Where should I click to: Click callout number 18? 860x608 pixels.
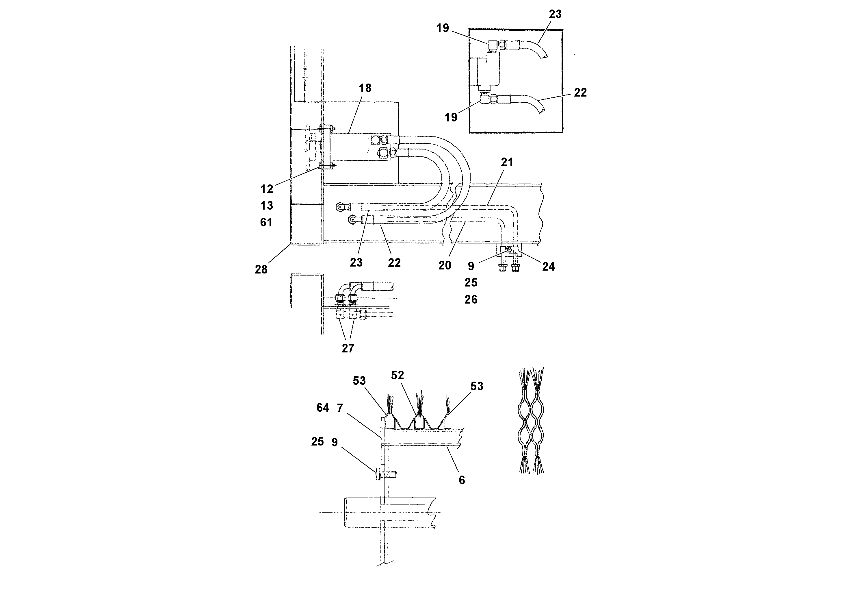(365, 88)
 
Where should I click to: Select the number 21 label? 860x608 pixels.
(507, 162)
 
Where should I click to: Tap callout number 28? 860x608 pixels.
(261, 269)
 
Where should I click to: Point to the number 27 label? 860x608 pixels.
(348, 348)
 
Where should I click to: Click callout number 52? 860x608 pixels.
(398, 375)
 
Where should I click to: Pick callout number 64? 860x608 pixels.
(322, 407)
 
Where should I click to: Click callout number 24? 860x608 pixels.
(548, 267)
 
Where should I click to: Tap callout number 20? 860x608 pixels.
(445, 265)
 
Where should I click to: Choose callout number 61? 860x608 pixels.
(266, 222)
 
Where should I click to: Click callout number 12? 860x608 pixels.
(267, 189)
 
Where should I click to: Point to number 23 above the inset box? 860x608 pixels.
(555, 14)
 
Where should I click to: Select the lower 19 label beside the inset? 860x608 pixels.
(451, 117)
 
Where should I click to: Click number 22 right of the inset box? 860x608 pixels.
(580, 93)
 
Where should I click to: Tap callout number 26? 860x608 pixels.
(471, 300)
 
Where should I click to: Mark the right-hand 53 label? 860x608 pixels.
(476, 386)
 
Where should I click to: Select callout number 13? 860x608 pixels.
(267, 206)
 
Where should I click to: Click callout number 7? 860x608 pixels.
(340, 408)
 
